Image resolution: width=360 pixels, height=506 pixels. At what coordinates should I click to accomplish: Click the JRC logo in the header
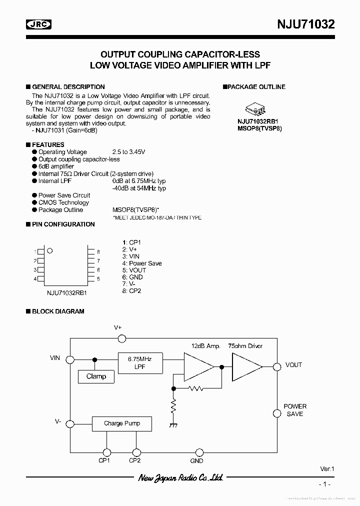click(x=39, y=24)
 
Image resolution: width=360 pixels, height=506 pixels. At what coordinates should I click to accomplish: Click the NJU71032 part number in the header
click(x=306, y=24)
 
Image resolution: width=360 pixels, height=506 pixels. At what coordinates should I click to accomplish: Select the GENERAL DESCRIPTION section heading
click(x=68, y=87)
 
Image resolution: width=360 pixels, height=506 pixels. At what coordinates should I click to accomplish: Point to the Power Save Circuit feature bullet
click(x=64, y=195)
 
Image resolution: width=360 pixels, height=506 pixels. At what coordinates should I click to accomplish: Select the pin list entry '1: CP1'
click(x=131, y=242)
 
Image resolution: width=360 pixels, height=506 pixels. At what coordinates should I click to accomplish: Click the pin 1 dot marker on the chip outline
click(x=49, y=251)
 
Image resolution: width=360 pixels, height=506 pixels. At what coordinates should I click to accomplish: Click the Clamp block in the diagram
click(x=96, y=376)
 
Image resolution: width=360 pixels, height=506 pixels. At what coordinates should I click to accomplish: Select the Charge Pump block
click(x=122, y=423)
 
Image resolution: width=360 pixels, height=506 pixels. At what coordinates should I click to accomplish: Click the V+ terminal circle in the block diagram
click(x=121, y=338)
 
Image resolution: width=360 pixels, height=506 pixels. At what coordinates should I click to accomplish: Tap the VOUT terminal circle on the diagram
click(x=276, y=366)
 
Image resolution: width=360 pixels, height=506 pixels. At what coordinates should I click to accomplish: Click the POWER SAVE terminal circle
click(x=276, y=413)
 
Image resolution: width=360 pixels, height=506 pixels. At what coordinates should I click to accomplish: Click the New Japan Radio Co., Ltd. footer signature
click(x=180, y=478)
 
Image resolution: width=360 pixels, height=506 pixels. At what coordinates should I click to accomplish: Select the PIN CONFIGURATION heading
click(x=63, y=224)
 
